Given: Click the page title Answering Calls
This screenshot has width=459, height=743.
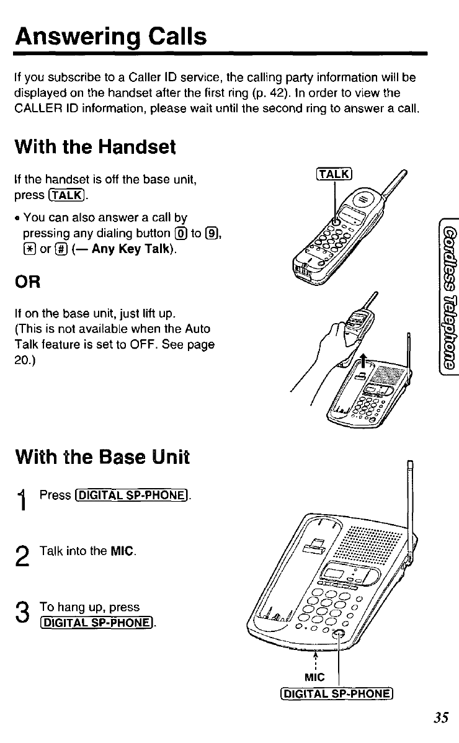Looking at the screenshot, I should tap(112, 37).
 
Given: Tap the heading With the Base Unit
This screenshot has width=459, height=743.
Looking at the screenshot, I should tap(102, 456).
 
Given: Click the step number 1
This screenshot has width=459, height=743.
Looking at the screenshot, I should tap(23, 500).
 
